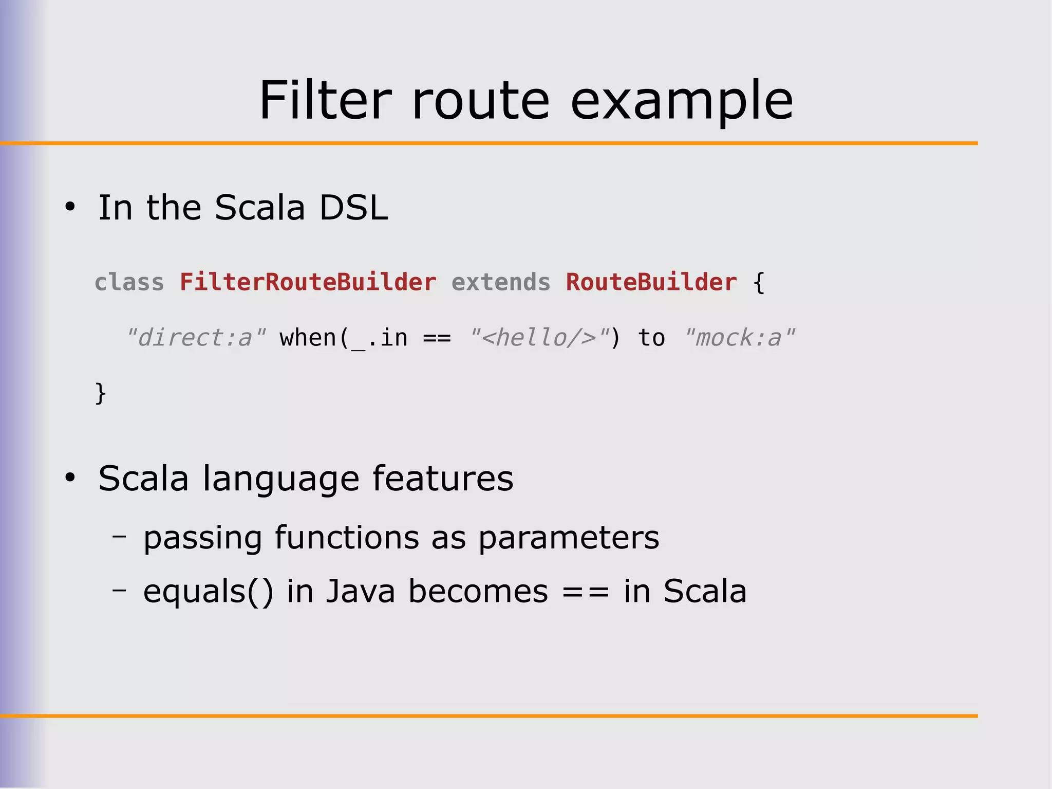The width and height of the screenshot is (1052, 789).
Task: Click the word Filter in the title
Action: point(325,100)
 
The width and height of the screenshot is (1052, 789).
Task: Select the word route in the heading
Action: point(480,101)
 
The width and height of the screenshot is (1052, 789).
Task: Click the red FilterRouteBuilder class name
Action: point(308,282)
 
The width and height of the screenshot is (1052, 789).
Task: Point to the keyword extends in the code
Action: point(500,282)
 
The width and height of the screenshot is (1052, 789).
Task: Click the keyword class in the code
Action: point(129,282)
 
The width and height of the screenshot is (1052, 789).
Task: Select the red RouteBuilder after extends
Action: point(651,282)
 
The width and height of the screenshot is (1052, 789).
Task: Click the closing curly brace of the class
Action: point(101,393)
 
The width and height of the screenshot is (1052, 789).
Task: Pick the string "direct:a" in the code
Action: point(196,338)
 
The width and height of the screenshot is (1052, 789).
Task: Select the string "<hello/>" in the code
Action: point(539,338)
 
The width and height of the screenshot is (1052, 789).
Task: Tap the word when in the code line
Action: point(307,338)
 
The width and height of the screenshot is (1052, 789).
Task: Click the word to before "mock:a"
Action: point(651,338)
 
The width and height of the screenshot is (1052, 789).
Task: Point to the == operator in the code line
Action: point(437,338)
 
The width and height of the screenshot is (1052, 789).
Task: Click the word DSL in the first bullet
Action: point(353,208)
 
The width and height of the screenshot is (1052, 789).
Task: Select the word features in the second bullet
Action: point(442,479)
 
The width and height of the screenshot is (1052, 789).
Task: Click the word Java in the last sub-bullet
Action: point(360,591)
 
